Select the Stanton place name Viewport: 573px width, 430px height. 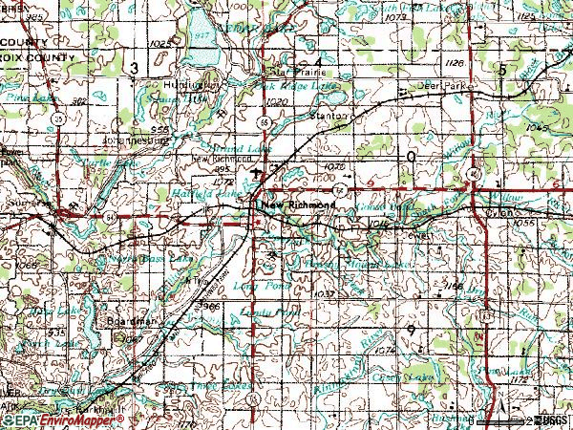[331, 118]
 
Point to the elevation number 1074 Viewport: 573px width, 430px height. [385, 351]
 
